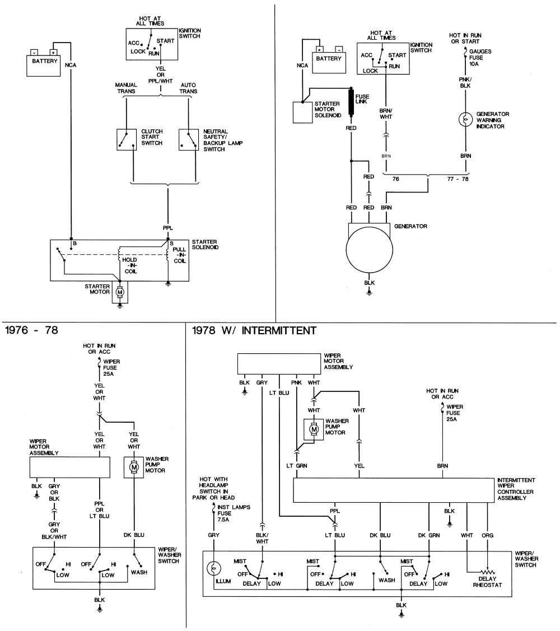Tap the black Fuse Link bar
click(x=352, y=102)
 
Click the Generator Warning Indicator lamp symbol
click(x=464, y=120)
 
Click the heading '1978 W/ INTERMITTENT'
click(x=254, y=330)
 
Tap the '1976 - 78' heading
click(x=31, y=330)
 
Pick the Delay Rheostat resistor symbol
click(x=487, y=573)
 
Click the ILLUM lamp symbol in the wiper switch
click(x=213, y=568)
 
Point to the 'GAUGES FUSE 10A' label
click(x=480, y=57)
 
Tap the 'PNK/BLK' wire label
click(x=465, y=82)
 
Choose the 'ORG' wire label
click(x=488, y=535)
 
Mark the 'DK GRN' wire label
click(x=430, y=535)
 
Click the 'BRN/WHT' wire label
click(x=386, y=114)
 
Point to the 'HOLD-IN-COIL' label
click(x=129, y=265)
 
